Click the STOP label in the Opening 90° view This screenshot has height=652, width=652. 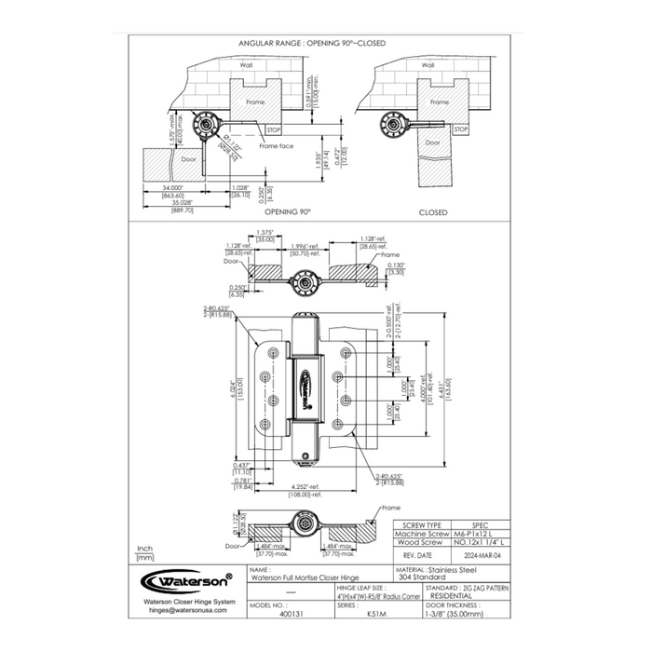pyautogui.click(x=275, y=130)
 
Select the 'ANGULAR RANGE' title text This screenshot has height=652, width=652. pyautogui.click(x=312, y=43)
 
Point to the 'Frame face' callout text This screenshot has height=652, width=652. pyautogui.click(x=276, y=147)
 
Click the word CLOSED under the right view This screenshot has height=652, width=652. pyautogui.click(x=433, y=212)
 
